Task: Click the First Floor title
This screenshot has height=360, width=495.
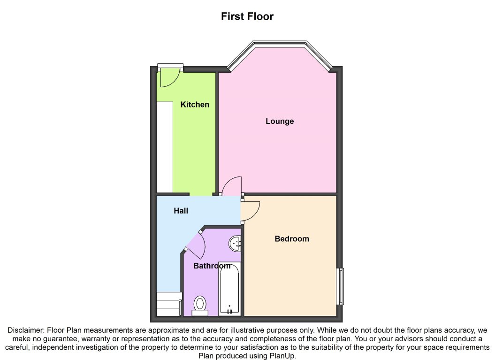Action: click(247, 16)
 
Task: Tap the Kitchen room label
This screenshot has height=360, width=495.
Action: click(195, 105)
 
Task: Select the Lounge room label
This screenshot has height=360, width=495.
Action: click(280, 121)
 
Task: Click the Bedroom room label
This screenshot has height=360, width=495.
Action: click(291, 239)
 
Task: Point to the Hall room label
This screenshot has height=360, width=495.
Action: click(181, 211)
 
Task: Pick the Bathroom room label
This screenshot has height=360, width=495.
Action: click(212, 266)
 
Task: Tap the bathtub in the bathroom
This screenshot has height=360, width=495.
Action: click(229, 289)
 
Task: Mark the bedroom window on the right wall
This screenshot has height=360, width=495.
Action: click(340, 286)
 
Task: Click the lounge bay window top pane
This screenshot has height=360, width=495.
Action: click(280, 43)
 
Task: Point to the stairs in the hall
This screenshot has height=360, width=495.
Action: click(168, 304)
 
